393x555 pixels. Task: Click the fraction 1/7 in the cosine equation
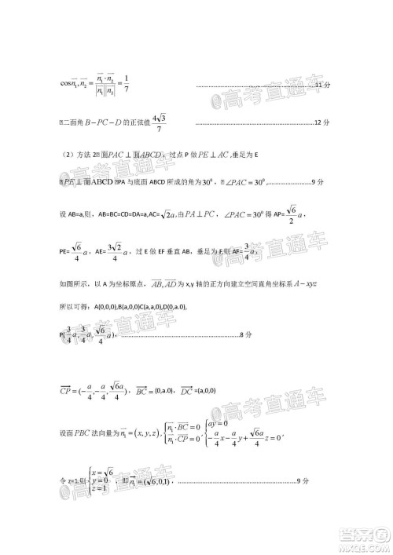[x=127, y=83]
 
